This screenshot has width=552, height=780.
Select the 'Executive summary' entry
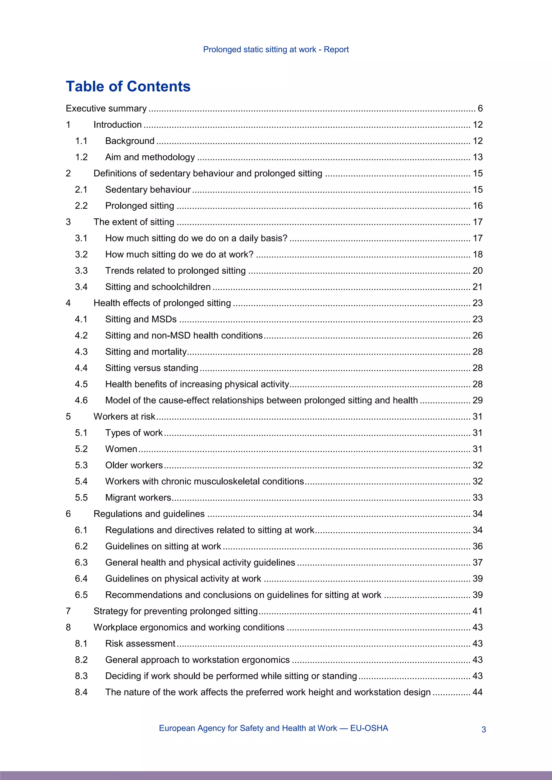[x=106, y=108]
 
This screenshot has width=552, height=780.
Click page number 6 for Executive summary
[x=480, y=108]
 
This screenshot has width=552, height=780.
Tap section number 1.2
[x=81, y=157]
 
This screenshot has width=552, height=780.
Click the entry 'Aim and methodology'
[x=150, y=157]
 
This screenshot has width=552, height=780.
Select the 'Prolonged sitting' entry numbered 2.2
[x=139, y=206]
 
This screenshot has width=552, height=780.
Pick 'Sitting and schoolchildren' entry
[x=158, y=287]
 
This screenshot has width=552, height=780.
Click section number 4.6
[x=81, y=400]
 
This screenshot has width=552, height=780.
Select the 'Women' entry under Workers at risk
[x=121, y=449]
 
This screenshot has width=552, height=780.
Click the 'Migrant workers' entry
[x=138, y=497]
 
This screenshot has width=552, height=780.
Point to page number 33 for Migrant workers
[x=478, y=497]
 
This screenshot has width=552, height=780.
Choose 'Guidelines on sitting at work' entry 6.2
[x=163, y=546]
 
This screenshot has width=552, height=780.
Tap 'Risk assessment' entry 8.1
[x=140, y=643]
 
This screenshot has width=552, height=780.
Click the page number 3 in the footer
[x=484, y=729]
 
